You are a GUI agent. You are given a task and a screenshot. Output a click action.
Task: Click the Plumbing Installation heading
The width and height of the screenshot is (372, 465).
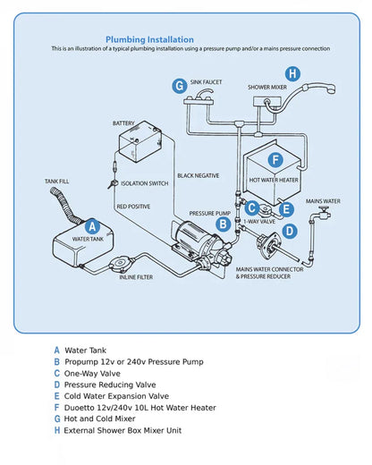149,39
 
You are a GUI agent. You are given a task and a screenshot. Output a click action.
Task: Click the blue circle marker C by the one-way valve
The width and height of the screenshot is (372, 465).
253,208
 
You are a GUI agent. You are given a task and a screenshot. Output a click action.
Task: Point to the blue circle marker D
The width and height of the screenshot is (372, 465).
289,231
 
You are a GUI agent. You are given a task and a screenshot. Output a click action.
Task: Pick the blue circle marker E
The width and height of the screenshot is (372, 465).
285,209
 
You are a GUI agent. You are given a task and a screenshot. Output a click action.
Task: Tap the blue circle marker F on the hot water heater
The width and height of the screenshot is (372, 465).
276,160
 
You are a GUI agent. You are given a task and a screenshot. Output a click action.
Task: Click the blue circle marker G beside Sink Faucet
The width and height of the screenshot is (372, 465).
180,85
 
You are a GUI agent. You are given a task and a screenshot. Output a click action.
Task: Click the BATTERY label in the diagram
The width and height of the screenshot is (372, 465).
124,123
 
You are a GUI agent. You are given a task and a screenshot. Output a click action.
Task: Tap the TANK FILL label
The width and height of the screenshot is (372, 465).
57,182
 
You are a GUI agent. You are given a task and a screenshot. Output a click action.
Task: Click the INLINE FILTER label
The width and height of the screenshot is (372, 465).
136,276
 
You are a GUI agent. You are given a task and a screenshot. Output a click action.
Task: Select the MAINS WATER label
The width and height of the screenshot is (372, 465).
323,201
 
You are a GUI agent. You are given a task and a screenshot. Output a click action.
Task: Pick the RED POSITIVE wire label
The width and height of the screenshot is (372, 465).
133,207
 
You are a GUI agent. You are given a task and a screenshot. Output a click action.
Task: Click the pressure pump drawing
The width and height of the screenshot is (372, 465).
190,237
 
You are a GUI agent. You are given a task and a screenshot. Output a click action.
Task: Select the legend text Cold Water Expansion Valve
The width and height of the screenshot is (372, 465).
116,395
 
